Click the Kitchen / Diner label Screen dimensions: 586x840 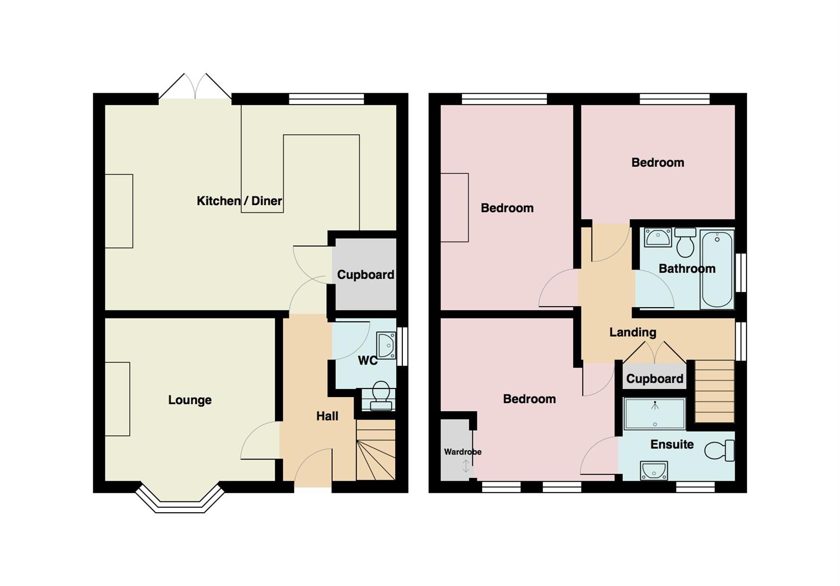239,201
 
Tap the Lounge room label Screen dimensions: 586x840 190,400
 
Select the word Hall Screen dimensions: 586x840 327,416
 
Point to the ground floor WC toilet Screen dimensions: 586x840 381,396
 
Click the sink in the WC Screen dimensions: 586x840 386,346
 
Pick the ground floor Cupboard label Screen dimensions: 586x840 365,275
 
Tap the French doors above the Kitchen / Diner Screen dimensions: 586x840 195,87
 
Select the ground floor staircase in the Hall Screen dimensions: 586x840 375,450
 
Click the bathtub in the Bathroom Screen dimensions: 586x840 717,269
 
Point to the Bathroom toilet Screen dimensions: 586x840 685,242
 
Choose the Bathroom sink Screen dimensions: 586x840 658,237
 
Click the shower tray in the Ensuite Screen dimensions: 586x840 655,413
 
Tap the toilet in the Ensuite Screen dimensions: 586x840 719,450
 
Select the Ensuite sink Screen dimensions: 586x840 654,470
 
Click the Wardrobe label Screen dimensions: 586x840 463,451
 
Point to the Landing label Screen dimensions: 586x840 633,332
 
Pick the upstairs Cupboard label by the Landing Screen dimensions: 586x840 654,379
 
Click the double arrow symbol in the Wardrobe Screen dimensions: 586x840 466,466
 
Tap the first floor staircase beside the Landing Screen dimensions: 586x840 715,392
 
